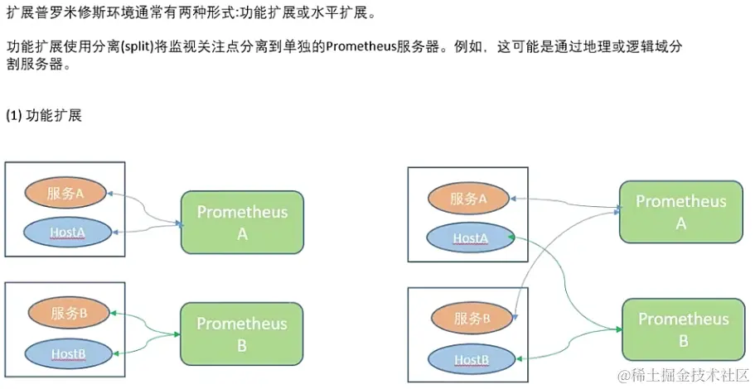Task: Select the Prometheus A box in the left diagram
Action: point(242,222)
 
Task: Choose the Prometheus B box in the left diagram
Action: point(242,334)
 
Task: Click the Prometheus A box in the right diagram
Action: point(681,212)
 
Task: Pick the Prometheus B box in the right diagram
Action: point(684,329)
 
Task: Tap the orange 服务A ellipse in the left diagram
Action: point(66,194)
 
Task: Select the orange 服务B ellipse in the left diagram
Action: point(69,313)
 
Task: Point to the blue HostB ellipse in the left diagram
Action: point(69,353)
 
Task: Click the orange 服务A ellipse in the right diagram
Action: point(469,199)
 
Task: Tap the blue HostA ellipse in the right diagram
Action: point(469,238)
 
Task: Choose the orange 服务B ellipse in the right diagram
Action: point(469,318)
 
